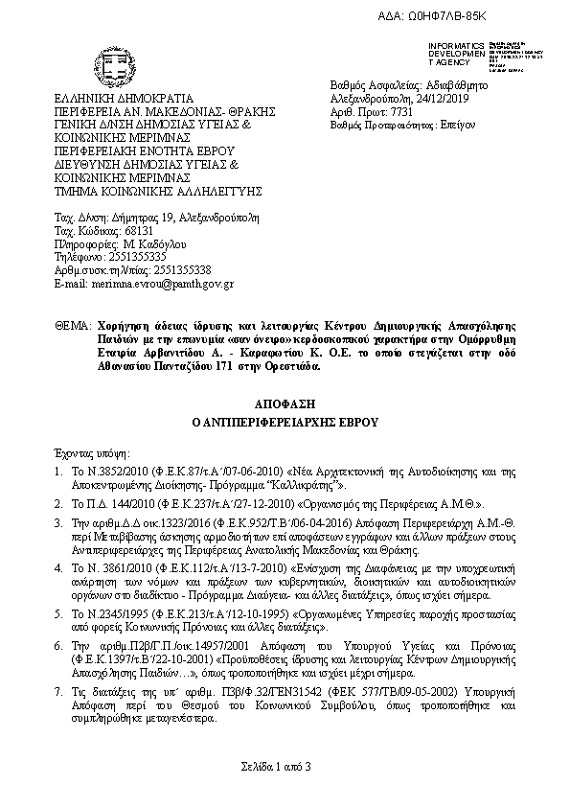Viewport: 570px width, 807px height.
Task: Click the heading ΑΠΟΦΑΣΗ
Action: (284, 404)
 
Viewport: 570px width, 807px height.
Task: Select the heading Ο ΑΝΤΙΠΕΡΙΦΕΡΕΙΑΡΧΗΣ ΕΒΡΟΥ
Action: (284, 422)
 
